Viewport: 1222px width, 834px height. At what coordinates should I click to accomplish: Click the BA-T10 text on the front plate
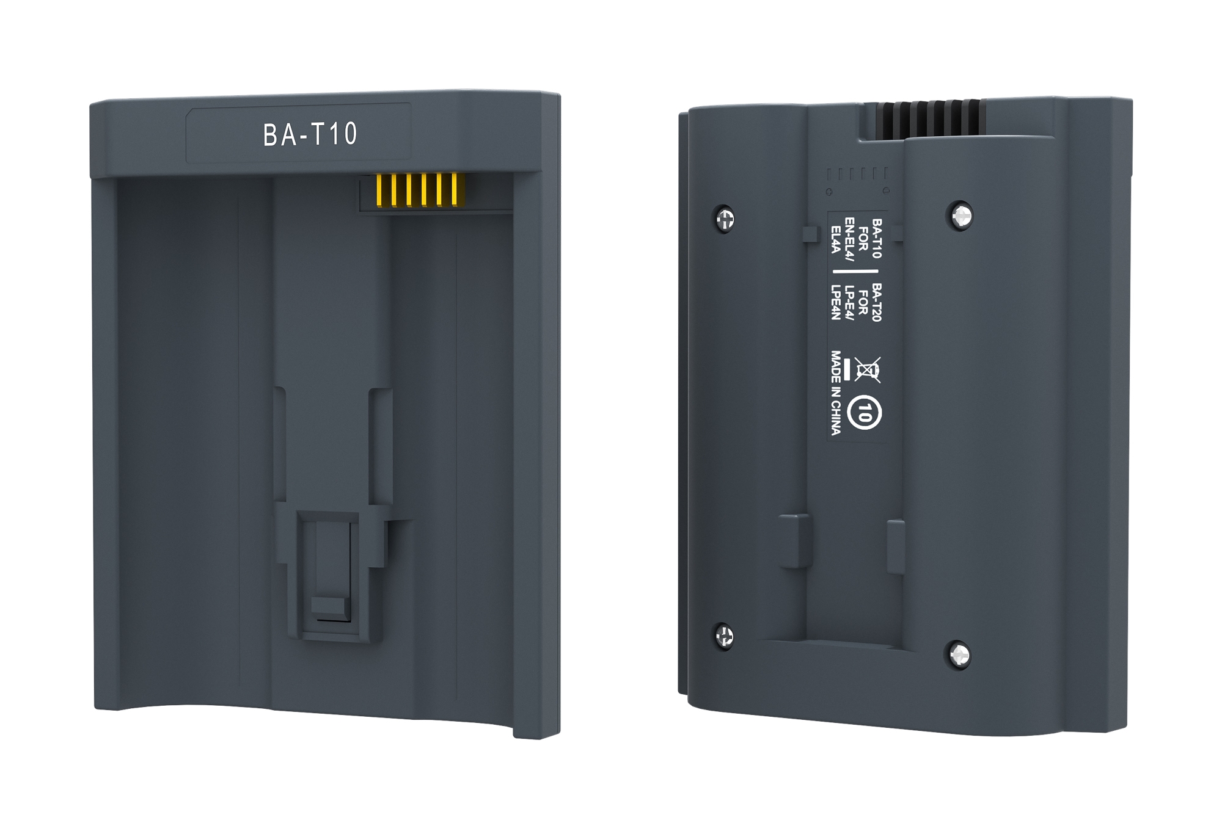(x=310, y=134)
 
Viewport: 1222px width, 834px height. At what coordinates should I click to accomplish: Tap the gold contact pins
(x=421, y=190)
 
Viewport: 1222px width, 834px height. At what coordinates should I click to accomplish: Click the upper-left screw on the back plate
(x=725, y=219)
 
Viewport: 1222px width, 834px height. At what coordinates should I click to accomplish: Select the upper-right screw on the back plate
(x=962, y=215)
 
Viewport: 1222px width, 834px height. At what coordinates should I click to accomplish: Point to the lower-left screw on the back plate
(x=725, y=636)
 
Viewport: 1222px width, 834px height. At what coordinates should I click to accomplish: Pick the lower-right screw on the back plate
(x=959, y=655)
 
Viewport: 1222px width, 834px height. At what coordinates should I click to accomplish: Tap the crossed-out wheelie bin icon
(x=868, y=370)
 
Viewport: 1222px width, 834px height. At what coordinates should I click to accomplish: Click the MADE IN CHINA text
(x=836, y=393)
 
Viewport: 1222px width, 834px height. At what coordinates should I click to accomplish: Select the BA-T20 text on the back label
(x=876, y=302)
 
